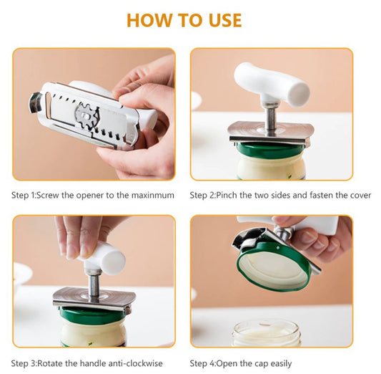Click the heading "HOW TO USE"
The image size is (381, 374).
pyautogui.click(x=184, y=19)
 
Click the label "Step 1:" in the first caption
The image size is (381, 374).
pyautogui.click(x=26, y=195)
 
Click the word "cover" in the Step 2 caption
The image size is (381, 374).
pyautogui.click(x=358, y=195)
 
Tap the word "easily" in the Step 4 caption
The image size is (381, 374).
pyautogui.click(x=278, y=363)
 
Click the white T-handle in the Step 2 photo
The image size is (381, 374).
pyautogui.click(x=272, y=84)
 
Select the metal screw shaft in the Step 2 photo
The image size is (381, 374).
pyautogui.click(x=272, y=116)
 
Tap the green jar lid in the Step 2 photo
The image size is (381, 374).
pyautogui.click(x=272, y=149)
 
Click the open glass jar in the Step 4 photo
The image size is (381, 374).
pyautogui.click(x=266, y=332)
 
